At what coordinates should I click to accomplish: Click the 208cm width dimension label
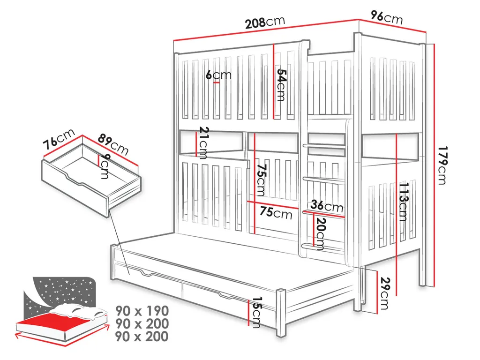[x=265, y=22]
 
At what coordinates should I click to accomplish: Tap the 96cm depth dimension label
[x=387, y=17]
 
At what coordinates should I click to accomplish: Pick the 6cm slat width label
[x=218, y=75]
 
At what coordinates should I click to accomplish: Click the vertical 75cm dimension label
[x=261, y=180]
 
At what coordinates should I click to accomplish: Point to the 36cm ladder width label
[x=327, y=207]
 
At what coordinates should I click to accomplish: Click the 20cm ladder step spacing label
[x=321, y=233]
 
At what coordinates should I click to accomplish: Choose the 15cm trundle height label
[x=256, y=312]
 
